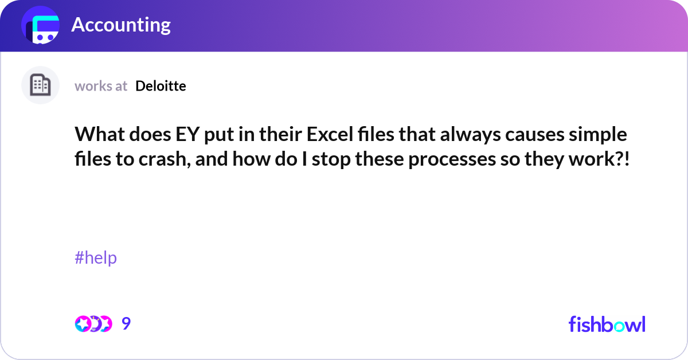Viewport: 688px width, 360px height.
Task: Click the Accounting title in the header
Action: (120, 25)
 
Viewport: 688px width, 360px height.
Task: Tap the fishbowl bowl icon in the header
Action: (41, 26)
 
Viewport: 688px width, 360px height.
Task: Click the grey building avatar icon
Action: (40, 85)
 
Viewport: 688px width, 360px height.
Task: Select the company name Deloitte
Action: (161, 86)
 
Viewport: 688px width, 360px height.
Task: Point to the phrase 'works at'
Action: (101, 86)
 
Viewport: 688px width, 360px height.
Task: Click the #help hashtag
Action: (96, 258)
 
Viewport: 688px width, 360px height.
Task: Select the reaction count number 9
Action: (126, 324)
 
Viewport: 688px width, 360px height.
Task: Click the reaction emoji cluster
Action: (93, 324)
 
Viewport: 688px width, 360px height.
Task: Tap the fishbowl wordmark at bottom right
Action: (607, 324)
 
